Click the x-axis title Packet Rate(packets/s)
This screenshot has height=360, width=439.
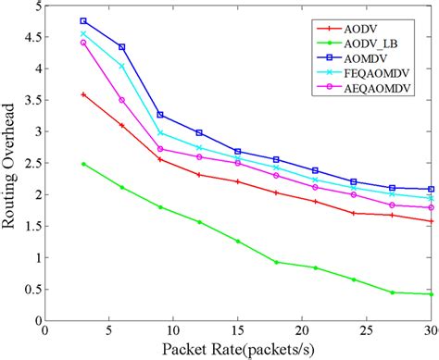click(237, 349)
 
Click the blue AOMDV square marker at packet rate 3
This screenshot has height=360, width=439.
click(83, 20)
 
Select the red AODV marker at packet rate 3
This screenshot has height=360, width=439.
click(83, 94)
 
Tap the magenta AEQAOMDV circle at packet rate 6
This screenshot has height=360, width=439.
click(121, 100)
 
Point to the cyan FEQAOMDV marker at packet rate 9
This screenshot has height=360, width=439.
click(160, 132)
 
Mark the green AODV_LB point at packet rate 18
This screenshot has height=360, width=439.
click(276, 262)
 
